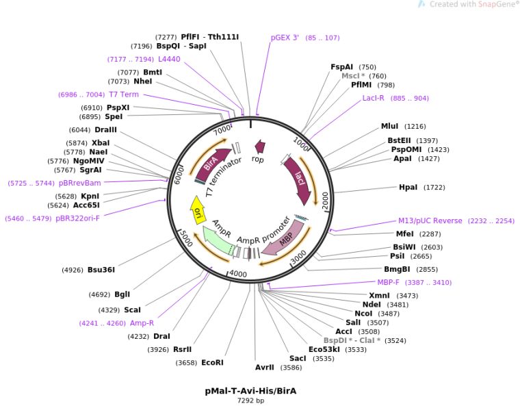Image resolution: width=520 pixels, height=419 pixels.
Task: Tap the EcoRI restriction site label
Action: click(x=212, y=362)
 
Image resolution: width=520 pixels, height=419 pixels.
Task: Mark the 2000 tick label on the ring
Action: click(x=326, y=200)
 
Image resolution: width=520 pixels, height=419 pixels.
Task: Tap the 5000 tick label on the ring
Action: click(x=184, y=237)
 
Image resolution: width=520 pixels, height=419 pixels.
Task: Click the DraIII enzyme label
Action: click(x=106, y=129)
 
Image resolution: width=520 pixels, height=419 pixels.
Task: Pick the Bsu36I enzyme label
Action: click(x=101, y=270)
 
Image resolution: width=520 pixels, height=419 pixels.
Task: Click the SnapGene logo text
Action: click(x=493, y=4)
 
